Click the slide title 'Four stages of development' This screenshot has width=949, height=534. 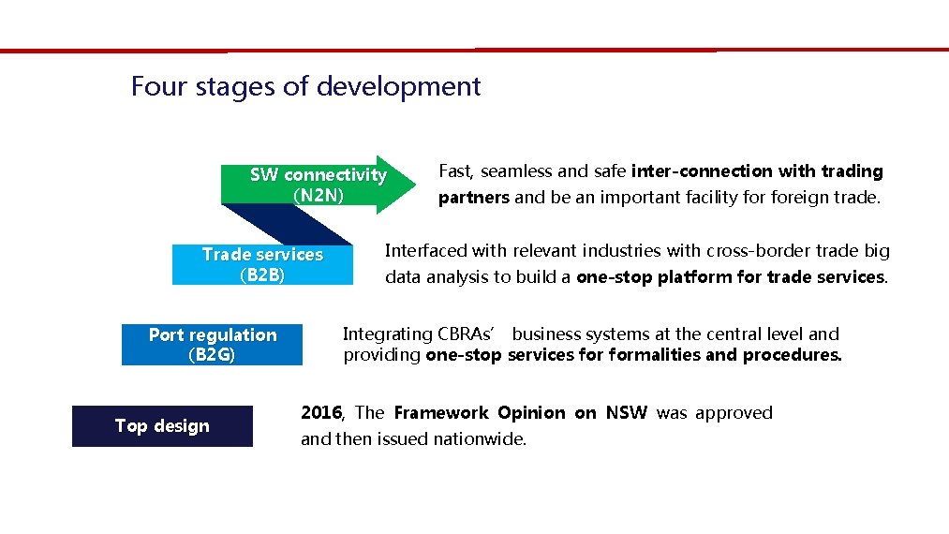[305, 86]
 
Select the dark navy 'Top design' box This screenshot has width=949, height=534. [162, 426]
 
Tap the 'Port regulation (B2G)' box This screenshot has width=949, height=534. [212, 345]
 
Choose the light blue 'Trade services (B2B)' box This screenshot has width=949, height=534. [262, 264]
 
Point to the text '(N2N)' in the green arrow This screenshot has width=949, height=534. [319, 195]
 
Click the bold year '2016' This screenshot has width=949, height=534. [322, 413]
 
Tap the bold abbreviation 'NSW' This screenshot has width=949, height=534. [626, 413]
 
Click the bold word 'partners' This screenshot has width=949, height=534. [473, 198]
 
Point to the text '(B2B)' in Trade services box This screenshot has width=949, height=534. [262, 275]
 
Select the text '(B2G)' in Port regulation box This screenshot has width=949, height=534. [212, 355]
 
